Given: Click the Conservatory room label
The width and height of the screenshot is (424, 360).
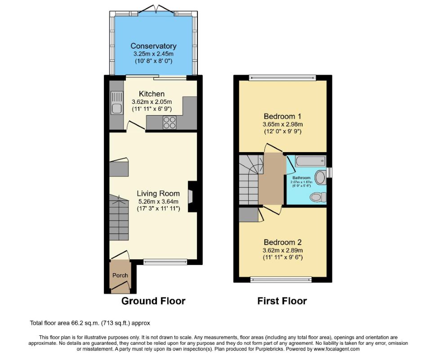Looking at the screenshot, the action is point(153,46).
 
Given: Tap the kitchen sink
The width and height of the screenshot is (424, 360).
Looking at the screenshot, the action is point(116,103).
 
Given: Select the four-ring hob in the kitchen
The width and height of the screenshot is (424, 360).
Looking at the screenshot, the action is point(169,122).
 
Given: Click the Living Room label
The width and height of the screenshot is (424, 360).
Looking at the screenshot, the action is point(158,193).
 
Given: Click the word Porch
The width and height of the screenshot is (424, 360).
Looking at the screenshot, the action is point(120,275).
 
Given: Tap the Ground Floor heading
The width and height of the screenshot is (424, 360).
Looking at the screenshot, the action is point(153,301).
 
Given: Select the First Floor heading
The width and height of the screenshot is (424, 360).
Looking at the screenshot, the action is point(282,301).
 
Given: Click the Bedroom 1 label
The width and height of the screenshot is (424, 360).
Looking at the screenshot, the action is point(282,117).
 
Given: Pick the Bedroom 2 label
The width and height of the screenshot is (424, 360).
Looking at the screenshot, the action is point(282,242).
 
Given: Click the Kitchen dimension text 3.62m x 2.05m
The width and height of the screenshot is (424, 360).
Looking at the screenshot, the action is point(152,102).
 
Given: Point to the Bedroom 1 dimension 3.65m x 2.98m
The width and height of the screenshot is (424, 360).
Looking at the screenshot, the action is point(282,125).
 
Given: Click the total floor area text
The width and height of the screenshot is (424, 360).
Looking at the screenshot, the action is point(90,323).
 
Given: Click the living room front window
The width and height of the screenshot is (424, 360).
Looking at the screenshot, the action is point(165,262).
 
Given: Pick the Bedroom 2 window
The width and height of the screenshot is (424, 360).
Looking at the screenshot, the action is point(281,279).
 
